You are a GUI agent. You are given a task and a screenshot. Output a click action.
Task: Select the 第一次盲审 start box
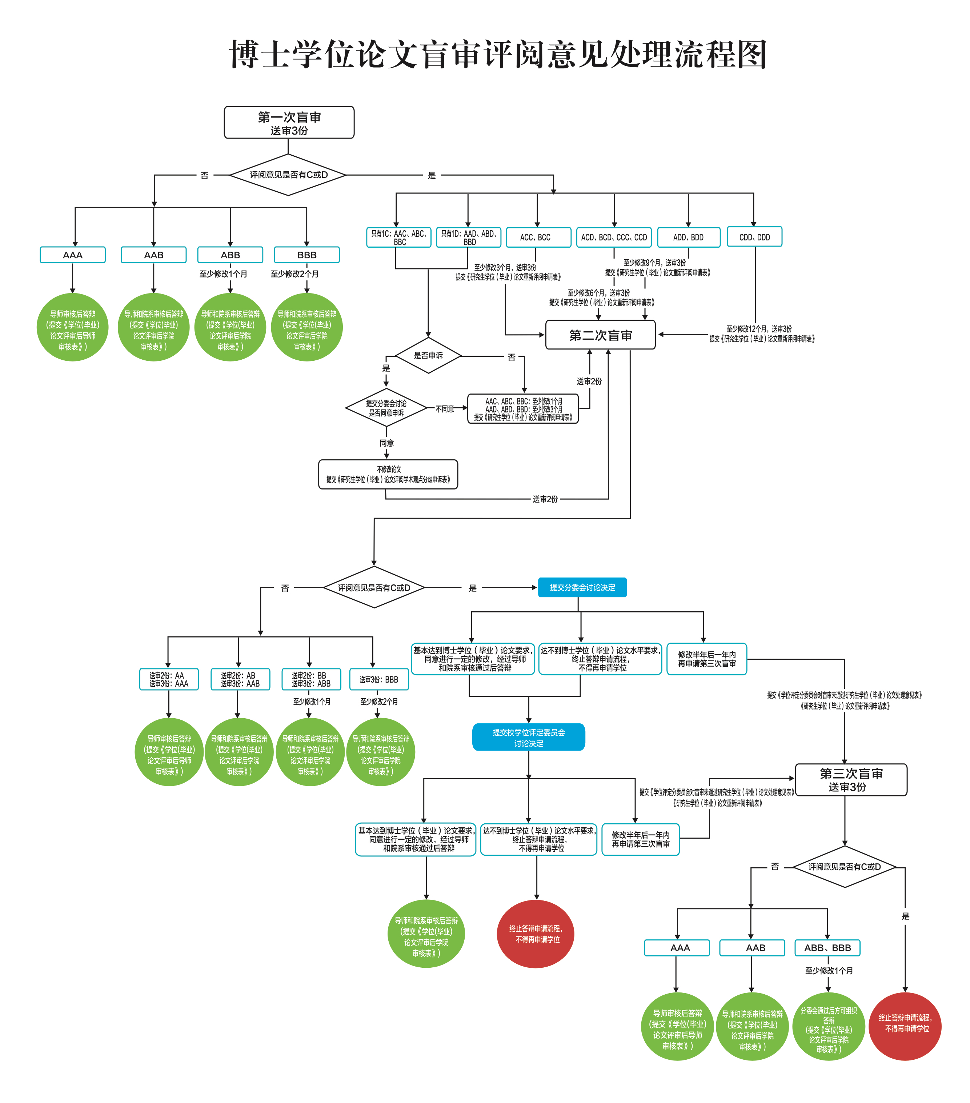coord(289,123)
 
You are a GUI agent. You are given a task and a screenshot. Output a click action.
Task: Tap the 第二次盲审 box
coord(601,335)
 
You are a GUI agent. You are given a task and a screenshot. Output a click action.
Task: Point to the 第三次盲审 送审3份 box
coord(851,780)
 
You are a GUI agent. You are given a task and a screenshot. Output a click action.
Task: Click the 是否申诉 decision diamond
coord(428,356)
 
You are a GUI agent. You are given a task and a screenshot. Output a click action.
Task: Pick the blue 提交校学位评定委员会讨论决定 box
coord(528,737)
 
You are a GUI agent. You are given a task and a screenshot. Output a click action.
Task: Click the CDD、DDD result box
coord(754,237)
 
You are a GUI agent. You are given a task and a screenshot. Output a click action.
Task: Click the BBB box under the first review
coord(306,255)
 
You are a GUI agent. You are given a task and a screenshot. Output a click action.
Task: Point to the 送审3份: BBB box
coord(379,679)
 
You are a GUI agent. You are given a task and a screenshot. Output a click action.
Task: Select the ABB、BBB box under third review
coord(827,948)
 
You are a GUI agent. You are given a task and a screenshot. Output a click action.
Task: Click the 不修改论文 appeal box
coord(388,474)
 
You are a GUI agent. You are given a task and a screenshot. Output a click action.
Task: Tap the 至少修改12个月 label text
coord(759,329)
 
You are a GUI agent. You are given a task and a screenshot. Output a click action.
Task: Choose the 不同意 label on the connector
coord(445,409)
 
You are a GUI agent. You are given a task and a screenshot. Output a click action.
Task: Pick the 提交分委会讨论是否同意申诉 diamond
coord(386,408)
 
